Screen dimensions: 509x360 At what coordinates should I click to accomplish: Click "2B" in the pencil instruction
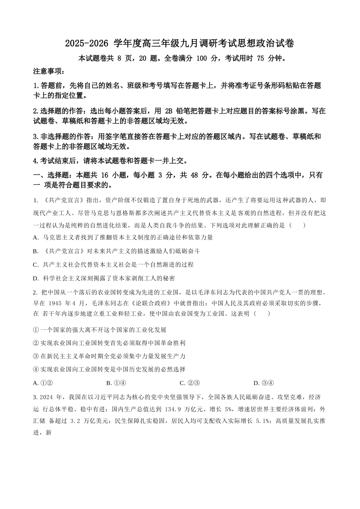pyautogui.click(x=169, y=111)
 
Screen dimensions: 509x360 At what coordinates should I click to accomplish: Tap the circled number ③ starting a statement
pyautogui.click(x=36, y=356)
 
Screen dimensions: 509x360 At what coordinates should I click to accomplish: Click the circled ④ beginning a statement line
pyautogui.click(x=36, y=369)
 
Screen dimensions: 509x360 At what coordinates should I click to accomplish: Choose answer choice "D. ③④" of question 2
pyautogui.click(x=263, y=383)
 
